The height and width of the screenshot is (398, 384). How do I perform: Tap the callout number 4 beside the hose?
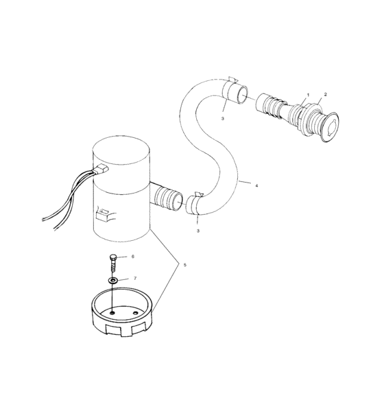click(x=256, y=185)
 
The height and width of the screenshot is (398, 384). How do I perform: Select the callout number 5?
click(x=183, y=264)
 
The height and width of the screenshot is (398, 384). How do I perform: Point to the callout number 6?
click(x=133, y=256)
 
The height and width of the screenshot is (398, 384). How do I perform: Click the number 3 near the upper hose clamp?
click(x=223, y=119)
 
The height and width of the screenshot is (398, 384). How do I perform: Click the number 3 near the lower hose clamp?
click(x=198, y=231)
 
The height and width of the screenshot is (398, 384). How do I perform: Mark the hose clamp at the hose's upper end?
click(x=233, y=91)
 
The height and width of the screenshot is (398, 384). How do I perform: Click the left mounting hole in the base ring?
click(x=111, y=312)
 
